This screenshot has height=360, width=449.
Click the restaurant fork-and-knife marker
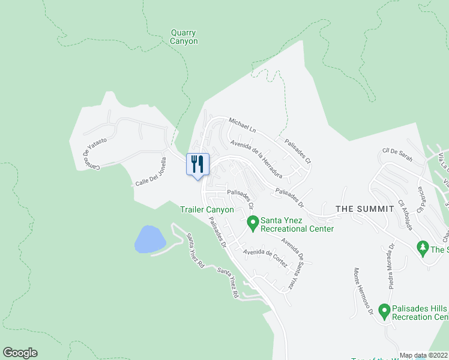click(x=197, y=164)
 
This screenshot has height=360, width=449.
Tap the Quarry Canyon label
click(x=184, y=37)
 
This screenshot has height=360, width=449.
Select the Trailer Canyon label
click(x=207, y=209)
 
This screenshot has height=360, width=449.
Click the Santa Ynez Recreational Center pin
click(x=253, y=223)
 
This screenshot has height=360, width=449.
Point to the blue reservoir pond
click(x=150, y=239)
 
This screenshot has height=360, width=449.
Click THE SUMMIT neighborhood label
click(x=364, y=209)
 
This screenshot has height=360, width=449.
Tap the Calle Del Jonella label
click(x=151, y=172)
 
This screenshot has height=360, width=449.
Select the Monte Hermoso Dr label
click(x=364, y=292)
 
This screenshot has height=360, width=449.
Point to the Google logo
click(x=20, y=353)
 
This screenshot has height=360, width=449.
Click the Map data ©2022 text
click(x=423, y=355)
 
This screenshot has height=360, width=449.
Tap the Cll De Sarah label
click(x=397, y=157)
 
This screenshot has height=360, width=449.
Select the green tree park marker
click(x=422, y=247)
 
